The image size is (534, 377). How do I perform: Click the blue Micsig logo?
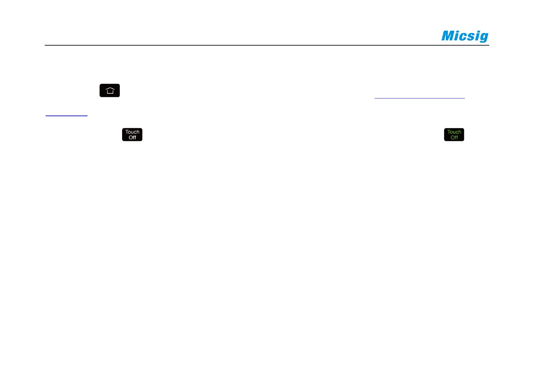465,36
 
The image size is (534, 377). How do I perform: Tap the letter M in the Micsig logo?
448,36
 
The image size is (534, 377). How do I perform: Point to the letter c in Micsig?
465,37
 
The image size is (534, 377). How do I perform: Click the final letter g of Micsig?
484,38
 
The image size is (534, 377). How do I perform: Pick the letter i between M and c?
458,36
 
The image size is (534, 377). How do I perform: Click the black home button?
110,91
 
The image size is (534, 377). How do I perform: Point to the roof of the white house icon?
110,89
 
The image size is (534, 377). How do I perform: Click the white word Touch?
132,132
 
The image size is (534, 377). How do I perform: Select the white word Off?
132,138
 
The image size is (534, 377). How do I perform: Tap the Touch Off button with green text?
454,135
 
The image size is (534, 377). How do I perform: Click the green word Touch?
454,132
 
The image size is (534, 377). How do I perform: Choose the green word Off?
454,138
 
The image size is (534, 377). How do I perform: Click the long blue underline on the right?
420,98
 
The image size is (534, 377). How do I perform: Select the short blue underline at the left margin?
67,116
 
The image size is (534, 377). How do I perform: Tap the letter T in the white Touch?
127,132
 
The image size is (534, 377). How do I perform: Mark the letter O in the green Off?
452,138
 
